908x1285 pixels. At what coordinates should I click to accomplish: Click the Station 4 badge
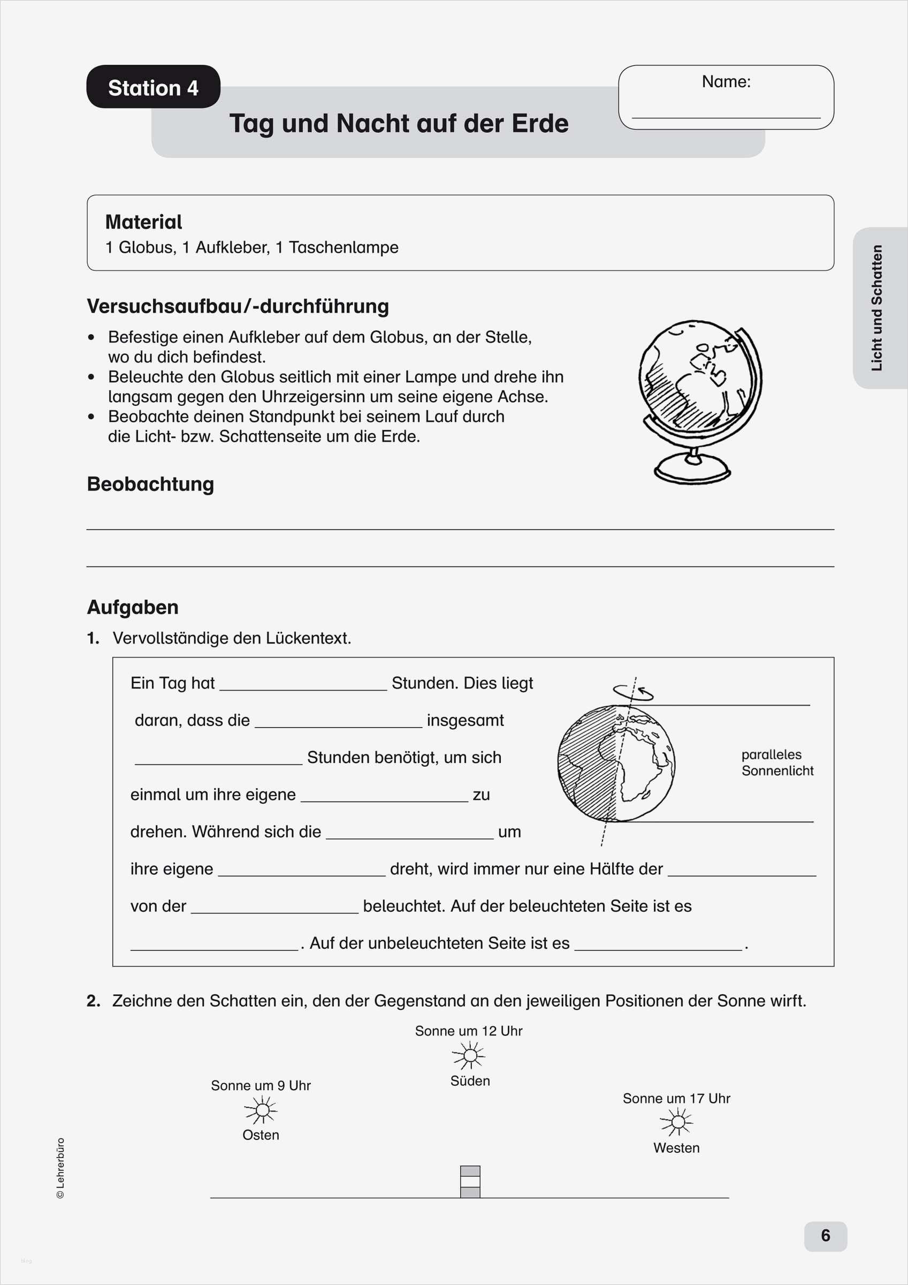(152, 87)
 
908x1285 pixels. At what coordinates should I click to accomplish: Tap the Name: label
(726, 82)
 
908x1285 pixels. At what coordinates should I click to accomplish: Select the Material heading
(144, 222)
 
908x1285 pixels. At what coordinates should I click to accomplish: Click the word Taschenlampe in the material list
(344, 247)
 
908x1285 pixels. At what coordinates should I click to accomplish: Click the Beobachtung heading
(150, 484)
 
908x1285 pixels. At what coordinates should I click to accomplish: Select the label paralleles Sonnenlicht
(776, 762)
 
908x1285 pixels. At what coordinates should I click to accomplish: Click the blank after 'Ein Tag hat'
(303, 683)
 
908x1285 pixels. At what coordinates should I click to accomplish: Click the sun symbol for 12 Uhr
(469, 1055)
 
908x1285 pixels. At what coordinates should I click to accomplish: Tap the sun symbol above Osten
(261, 1110)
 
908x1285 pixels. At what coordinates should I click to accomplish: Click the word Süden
(470, 1080)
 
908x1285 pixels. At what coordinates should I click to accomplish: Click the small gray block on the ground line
(470, 1182)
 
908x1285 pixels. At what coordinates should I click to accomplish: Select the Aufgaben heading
(133, 607)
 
